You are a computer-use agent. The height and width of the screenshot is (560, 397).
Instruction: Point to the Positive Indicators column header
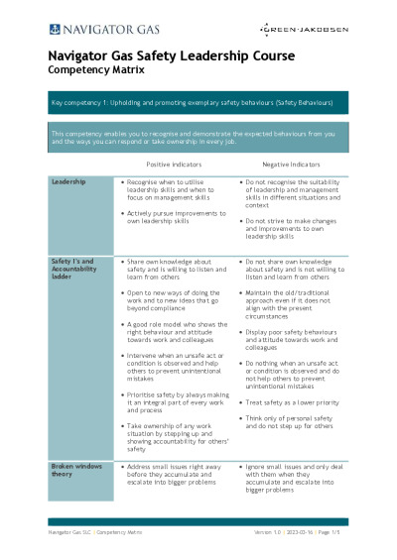tap(175, 164)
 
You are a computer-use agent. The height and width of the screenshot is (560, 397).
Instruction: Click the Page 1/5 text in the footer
tap(334, 533)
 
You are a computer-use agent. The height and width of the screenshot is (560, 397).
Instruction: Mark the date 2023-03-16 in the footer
tap(294, 533)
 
